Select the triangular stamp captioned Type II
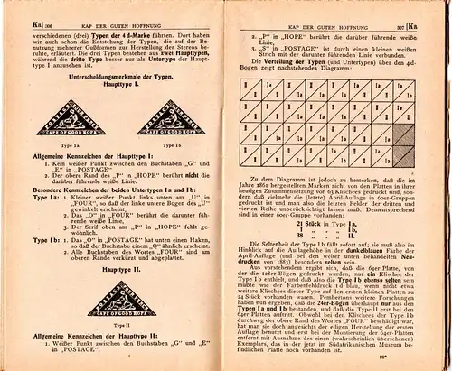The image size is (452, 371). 108,298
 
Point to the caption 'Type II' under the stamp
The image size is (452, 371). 108,326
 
